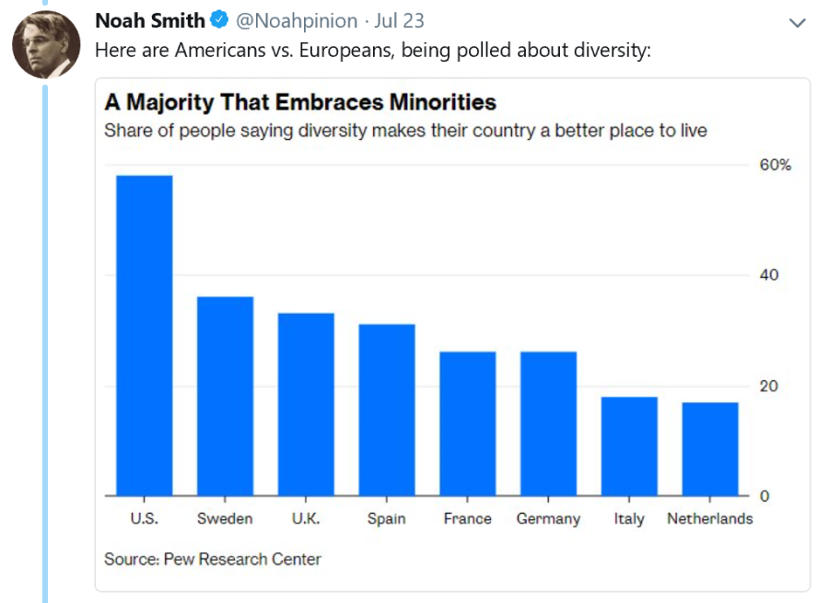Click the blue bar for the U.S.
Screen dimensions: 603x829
point(144,335)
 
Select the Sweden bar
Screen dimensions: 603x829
point(225,396)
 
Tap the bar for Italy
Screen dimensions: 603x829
point(629,446)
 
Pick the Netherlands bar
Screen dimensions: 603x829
point(710,449)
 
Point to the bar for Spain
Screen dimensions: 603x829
point(387,410)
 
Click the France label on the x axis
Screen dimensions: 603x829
point(467,518)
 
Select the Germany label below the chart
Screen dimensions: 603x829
point(548,518)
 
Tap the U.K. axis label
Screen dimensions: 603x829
point(306,518)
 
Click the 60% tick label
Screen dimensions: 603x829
point(775,165)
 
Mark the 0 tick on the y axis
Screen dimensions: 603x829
point(764,496)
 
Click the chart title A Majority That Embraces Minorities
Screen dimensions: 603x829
point(300,101)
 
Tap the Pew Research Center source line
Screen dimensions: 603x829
point(213,559)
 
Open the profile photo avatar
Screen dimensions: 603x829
point(45,44)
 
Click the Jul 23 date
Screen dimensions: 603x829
point(399,20)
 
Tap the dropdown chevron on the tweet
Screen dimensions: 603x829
point(798,22)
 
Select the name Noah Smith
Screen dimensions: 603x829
point(150,20)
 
